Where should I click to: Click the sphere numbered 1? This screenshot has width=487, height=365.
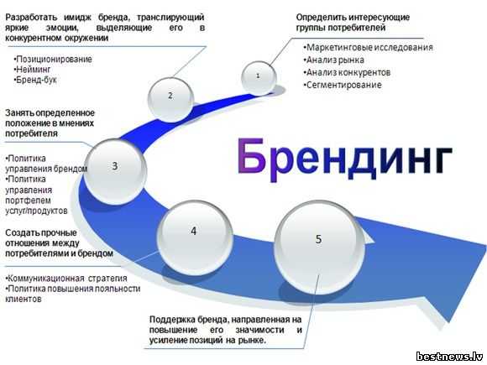tap(259, 77)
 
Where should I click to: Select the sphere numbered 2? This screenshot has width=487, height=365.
tap(170, 99)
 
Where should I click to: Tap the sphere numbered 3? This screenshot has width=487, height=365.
tap(115, 170)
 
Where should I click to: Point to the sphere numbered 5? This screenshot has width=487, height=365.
tap(320, 246)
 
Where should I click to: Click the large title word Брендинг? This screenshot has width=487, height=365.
tap(345, 159)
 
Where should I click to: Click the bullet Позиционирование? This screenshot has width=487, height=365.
tap(53, 59)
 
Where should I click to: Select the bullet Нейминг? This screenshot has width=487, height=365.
tap(32, 69)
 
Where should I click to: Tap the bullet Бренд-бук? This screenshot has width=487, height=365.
tap(35, 80)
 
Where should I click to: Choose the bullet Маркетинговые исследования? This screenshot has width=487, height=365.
tap(368, 48)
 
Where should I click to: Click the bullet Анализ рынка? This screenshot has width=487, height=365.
tap(333, 60)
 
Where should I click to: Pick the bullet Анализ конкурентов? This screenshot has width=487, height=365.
tap(347, 72)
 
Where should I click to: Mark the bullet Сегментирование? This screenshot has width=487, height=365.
tap(343, 85)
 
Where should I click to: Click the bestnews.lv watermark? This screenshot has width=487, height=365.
tap(449, 357)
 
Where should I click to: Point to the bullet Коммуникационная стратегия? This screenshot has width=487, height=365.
tap(66, 278)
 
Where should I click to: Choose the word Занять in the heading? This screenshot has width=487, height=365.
tap(18, 113)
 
